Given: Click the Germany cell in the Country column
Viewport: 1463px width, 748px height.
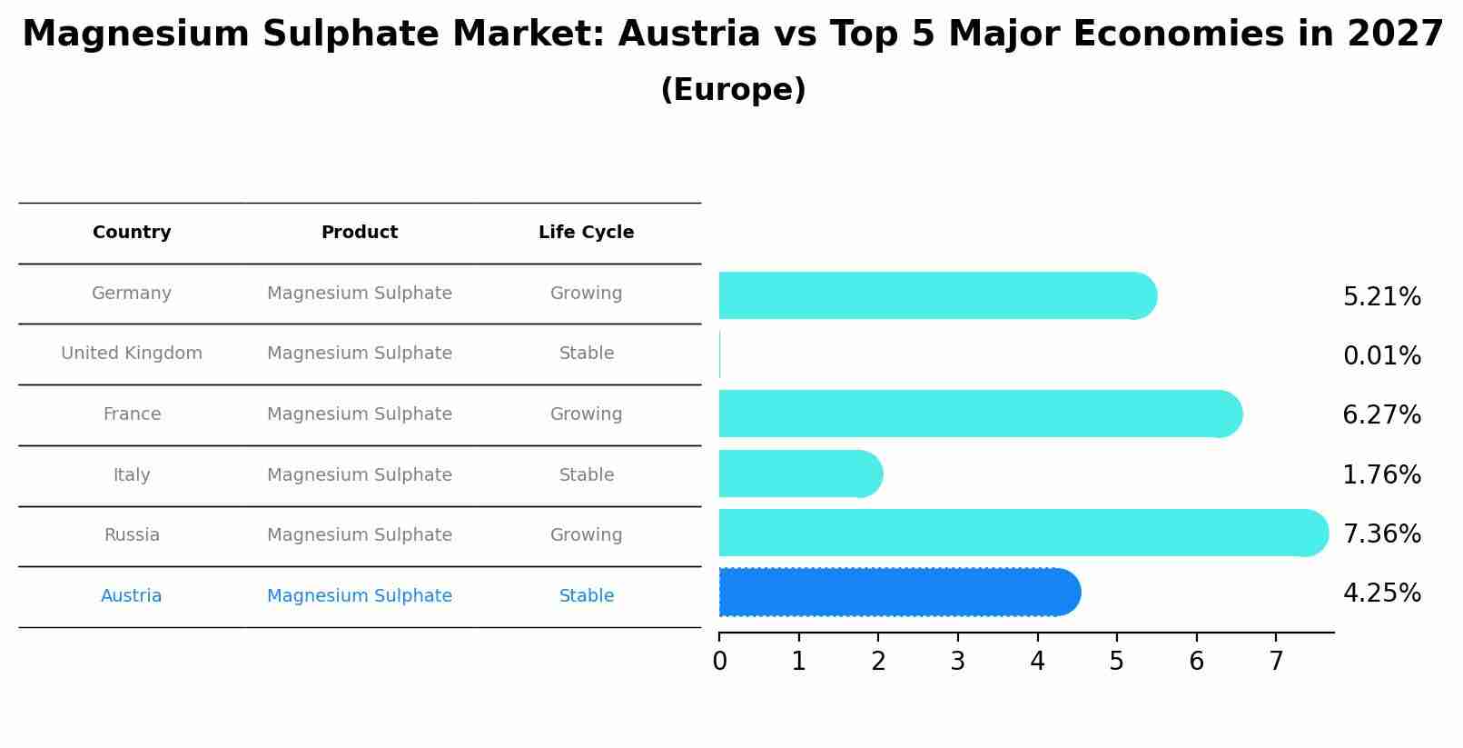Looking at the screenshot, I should click(x=132, y=294).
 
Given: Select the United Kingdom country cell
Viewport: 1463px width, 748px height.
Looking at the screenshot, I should click(x=132, y=354).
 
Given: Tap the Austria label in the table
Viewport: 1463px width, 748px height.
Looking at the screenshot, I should click(x=132, y=596).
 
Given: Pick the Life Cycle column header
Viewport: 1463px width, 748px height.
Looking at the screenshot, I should click(x=586, y=233).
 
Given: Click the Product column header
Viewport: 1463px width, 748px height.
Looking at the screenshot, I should click(x=360, y=233).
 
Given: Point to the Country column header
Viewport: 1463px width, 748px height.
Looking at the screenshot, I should click(x=132, y=233).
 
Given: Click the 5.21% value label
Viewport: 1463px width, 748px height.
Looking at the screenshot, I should click(x=1381, y=297).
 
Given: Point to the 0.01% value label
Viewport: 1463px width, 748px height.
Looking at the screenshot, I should click(x=1381, y=356).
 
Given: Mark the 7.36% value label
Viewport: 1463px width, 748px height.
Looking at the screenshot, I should click(x=1381, y=534).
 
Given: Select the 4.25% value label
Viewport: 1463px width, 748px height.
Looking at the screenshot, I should click(x=1381, y=593).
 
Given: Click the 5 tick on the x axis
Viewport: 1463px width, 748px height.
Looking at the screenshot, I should click(x=1117, y=662).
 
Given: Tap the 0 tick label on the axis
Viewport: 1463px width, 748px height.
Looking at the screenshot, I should click(x=720, y=662).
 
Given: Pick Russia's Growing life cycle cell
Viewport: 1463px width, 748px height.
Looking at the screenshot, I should click(x=586, y=535).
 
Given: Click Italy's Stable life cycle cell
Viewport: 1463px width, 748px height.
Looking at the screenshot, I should click(x=586, y=475).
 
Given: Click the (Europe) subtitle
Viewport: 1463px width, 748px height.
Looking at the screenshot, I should click(x=733, y=90).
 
